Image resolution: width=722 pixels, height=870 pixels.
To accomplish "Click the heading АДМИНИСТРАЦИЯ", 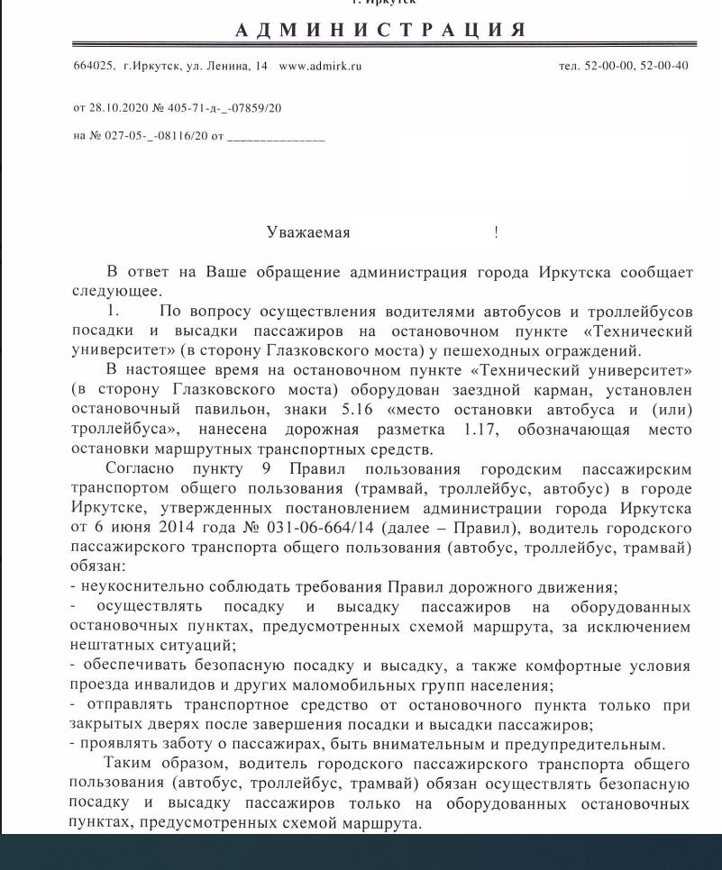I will point(379,30).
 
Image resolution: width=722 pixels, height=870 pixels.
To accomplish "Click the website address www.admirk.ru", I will point(320,66).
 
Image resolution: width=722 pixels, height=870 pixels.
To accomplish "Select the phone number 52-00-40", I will point(669,66).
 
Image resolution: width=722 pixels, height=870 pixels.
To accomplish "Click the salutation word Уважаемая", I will point(308,233).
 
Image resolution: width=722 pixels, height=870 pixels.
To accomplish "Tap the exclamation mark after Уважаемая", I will point(496,233).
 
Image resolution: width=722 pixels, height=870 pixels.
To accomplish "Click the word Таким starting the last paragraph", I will point(129,764).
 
